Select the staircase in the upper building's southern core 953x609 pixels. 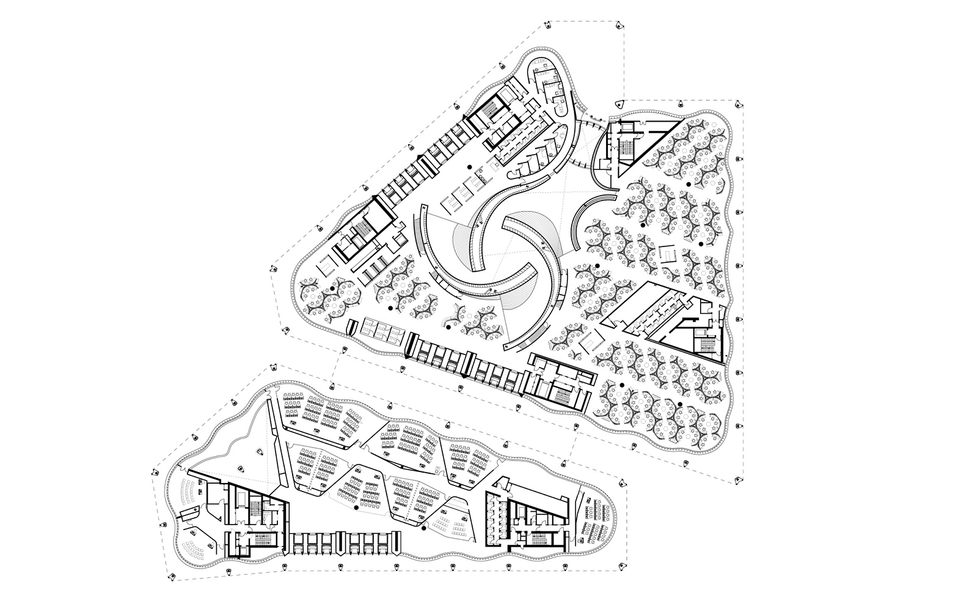[560, 392]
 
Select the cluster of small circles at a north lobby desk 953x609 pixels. [486, 178]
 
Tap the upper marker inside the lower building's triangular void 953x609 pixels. [259, 452]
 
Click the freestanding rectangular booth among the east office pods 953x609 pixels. [668, 253]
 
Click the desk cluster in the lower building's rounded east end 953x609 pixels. [596, 520]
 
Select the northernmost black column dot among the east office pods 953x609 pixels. [688, 183]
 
